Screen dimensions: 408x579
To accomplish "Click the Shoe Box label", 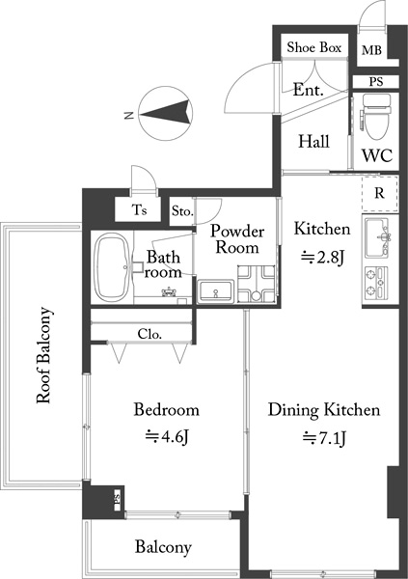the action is point(314,47).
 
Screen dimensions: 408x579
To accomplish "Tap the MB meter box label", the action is point(371,50).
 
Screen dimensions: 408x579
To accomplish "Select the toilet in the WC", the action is point(376,117).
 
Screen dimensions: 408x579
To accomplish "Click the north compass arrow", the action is point(167,113).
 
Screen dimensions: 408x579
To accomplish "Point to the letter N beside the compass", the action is point(128,116).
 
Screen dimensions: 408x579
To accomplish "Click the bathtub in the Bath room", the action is point(112,267).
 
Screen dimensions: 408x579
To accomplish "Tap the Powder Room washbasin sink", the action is point(216,291).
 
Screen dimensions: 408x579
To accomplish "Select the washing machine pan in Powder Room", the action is point(257,284).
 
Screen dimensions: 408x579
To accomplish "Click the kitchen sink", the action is point(376,237).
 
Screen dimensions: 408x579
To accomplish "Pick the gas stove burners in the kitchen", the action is point(376,283).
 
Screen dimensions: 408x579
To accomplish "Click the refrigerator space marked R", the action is point(380,194).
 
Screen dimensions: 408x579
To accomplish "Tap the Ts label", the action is point(139,209).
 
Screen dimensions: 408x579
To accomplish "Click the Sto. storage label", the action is point(182,211).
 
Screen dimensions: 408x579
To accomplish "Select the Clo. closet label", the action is point(150,334).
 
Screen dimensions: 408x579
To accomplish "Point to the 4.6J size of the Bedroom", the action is point(167,437).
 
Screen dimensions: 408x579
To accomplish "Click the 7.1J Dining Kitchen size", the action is point(324,438).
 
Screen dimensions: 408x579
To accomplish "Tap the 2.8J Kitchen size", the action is point(322,258).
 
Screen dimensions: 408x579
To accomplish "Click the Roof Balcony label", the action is point(44,355).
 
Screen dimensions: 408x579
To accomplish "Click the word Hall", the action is point(313,142).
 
